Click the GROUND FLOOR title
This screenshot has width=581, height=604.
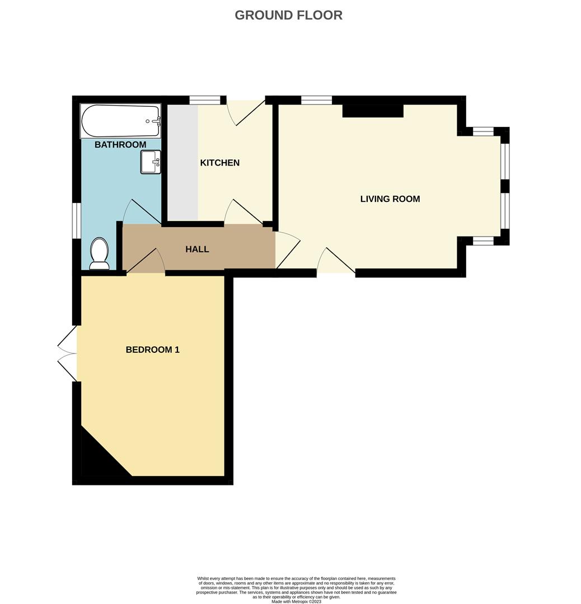pyautogui.click(x=288, y=15)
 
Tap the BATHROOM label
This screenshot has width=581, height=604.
pyautogui.click(x=120, y=145)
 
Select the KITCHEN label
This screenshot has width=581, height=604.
pyautogui.click(x=220, y=163)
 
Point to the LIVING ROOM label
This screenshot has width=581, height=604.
pyautogui.click(x=390, y=199)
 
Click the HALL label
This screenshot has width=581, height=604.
pyautogui.click(x=197, y=249)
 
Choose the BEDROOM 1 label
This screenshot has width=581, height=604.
pyautogui.click(x=152, y=350)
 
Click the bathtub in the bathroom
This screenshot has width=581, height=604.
pyautogui.click(x=120, y=121)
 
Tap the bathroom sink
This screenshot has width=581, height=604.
pyautogui.click(x=150, y=162)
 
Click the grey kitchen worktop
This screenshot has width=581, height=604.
pyautogui.click(x=182, y=163)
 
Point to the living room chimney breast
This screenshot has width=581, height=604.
pyautogui.click(x=373, y=111)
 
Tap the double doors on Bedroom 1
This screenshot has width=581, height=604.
pyautogui.click(x=68, y=353)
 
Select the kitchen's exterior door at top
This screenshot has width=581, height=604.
pyautogui.click(x=246, y=112)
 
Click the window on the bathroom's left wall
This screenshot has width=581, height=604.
pyautogui.click(x=77, y=220)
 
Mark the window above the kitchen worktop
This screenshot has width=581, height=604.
pyautogui.click(x=204, y=101)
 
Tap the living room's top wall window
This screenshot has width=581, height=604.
pyautogui.click(x=316, y=101)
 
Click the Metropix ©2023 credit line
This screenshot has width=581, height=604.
pyautogui.click(x=296, y=601)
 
